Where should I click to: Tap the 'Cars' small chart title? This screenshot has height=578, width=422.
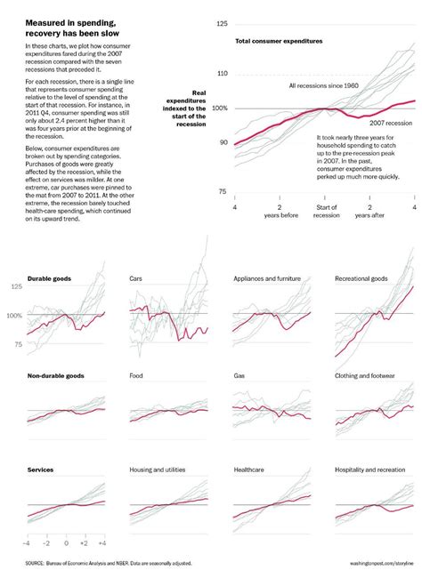pyautogui.click(x=137, y=278)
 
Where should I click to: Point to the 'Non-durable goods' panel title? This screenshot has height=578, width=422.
pyautogui.click(x=55, y=376)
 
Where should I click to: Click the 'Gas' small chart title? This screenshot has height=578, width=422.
pyautogui.click(x=239, y=376)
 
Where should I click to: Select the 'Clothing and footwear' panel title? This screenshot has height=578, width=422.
pyautogui.click(x=365, y=376)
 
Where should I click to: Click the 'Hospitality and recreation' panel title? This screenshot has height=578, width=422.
pyautogui.click(x=369, y=469)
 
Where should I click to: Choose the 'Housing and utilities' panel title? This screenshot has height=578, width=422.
pyautogui.click(x=163, y=469)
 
